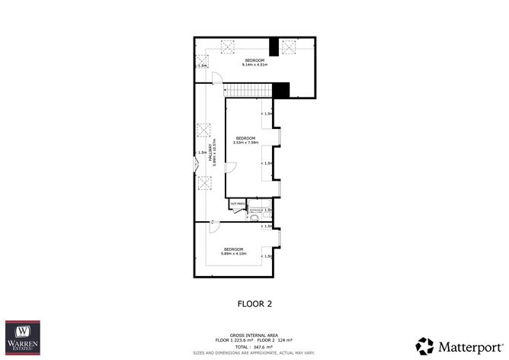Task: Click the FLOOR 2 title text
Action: click(x=254, y=304)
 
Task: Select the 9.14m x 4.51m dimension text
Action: click(x=254, y=65)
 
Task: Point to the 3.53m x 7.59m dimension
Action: click(x=245, y=142)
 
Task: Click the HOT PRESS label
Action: click(x=236, y=204)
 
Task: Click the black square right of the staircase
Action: click(x=280, y=90)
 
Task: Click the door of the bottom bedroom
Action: click(x=214, y=227)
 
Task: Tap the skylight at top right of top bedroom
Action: click(x=289, y=47)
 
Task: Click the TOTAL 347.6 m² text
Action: click(x=254, y=347)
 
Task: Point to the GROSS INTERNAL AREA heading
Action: click(x=254, y=334)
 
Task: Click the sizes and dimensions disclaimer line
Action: click(x=254, y=353)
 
